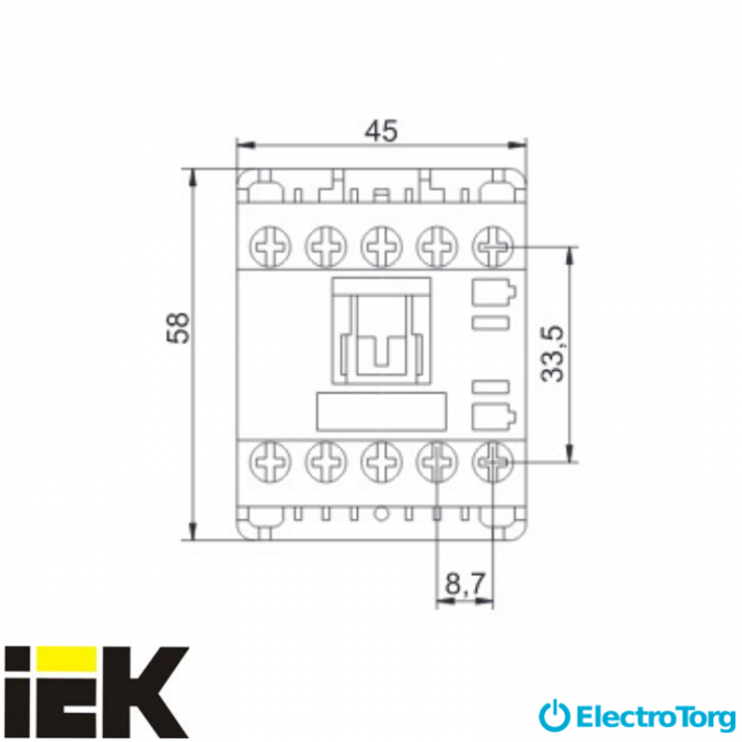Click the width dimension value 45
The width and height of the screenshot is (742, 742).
[x=382, y=131]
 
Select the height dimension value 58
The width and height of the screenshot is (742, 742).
[x=178, y=327]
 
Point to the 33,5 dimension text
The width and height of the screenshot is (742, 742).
[x=553, y=353]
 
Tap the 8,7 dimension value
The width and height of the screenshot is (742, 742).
[x=465, y=584]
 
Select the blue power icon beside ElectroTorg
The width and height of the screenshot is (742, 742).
[x=554, y=716]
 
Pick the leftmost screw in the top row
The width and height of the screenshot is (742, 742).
[x=270, y=246]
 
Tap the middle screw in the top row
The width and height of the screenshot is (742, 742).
[x=382, y=246]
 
